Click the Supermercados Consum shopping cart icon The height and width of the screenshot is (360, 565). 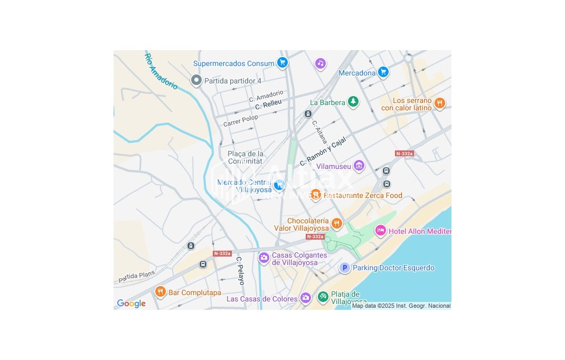(x=282, y=62)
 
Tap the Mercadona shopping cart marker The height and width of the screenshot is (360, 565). (x=384, y=72)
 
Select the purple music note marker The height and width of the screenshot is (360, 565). (x=320, y=63)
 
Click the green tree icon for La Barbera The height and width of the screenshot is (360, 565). (x=353, y=101)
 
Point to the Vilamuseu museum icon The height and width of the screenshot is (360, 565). (x=359, y=166)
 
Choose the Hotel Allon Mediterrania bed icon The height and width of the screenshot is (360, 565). (x=380, y=230)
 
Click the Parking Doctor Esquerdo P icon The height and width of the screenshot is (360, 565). (x=344, y=268)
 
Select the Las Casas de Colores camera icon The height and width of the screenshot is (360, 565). (x=305, y=298)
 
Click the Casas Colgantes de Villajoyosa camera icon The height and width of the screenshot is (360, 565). (x=263, y=258)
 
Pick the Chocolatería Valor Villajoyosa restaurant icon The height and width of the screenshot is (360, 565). (x=336, y=224)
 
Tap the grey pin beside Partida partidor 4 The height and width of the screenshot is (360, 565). (x=196, y=80)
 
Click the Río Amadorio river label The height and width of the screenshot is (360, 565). (x=161, y=71)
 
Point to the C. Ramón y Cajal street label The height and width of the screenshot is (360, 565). (x=323, y=150)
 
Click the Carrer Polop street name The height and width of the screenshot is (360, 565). (x=240, y=119)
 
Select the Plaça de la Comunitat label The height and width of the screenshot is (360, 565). (x=245, y=157)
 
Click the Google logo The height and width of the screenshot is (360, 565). (x=131, y=304)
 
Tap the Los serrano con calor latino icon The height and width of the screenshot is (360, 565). (x=439, y=103)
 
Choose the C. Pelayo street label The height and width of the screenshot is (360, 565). (x=240, y=270)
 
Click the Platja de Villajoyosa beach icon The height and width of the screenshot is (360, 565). (x=323, y=297)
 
